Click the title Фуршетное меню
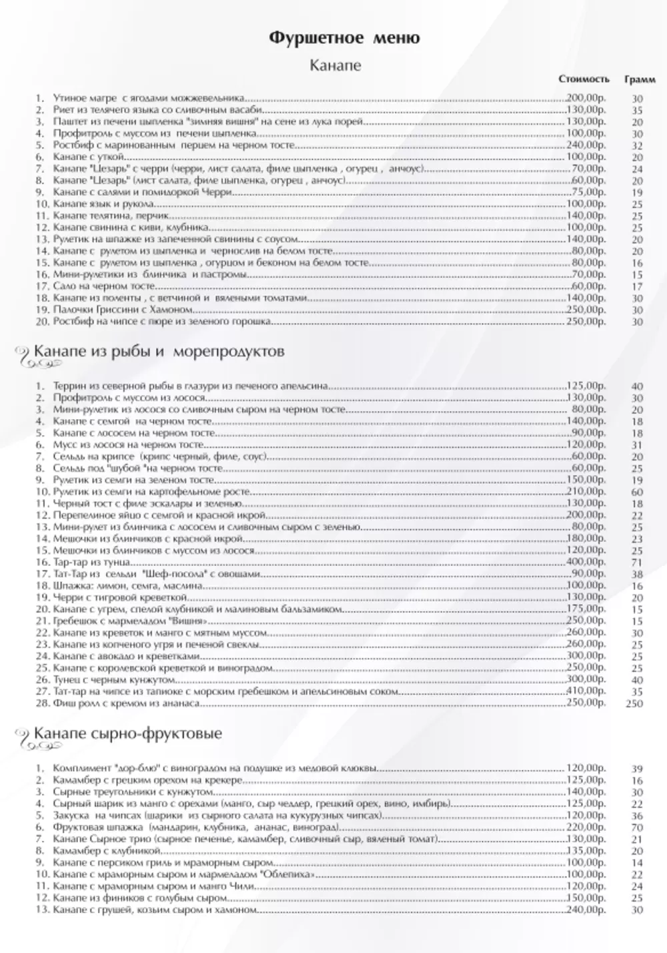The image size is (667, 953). coord(344,38)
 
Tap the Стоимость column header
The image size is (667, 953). coord(584,79)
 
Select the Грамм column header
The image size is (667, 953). coord(639,79)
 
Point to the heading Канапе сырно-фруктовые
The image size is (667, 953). coord(127,733)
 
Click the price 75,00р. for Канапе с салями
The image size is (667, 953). coord(587,192)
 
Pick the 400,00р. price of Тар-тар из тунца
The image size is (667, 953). coord(586,562)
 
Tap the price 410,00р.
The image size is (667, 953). coord(586,691)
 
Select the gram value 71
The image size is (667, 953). coord(637,563)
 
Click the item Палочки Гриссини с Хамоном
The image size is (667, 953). coord(123,310)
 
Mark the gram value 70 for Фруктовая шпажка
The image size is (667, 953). coord(637,828)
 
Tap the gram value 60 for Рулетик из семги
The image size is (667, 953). coord(637,492)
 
